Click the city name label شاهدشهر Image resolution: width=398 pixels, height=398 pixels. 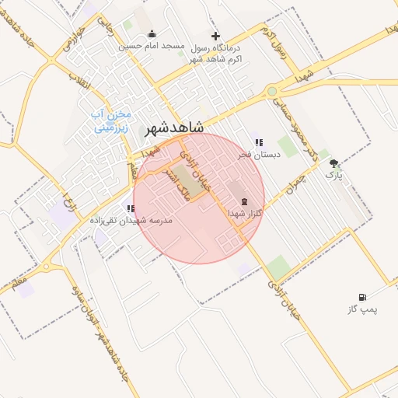pos(175,127)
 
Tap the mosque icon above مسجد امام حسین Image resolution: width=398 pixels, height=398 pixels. pos(151,34)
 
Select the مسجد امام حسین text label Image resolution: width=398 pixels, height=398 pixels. pos(152,46)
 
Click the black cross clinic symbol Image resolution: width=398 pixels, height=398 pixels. pos(215,35)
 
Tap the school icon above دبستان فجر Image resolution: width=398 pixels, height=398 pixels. pos(259,142)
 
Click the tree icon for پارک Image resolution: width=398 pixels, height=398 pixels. pos(333,163)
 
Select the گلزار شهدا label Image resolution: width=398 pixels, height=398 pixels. pos(247,212)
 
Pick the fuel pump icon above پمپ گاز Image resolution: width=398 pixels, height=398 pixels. pos(362,297)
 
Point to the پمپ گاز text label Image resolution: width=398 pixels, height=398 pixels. pos(362,309)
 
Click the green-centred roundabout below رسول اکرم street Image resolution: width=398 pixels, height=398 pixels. pos(272,92)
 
